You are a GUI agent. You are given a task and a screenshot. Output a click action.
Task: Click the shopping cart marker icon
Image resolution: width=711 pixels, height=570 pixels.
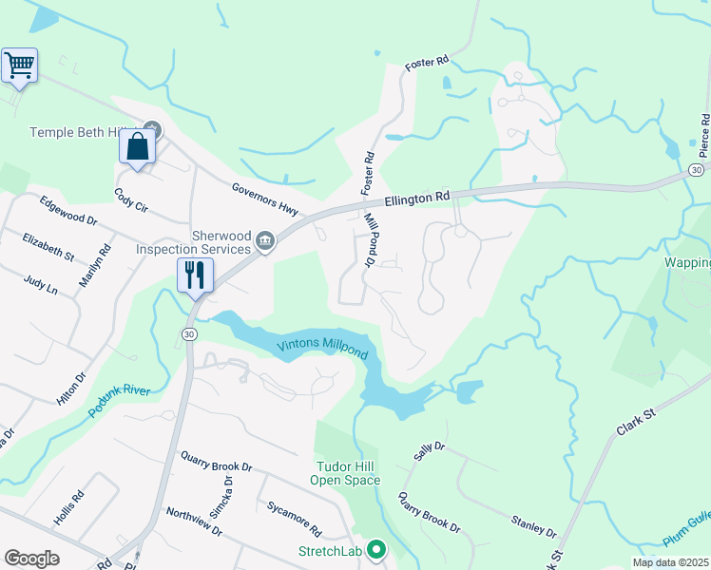(x=19, y=66)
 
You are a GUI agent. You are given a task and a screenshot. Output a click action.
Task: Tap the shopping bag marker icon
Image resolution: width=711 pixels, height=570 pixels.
(x=137, y=148)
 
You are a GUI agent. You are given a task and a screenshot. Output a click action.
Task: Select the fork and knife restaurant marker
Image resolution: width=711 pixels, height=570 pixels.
(x=195, y=275)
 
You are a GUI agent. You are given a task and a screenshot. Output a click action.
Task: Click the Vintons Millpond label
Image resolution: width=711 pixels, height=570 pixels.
(x=321, y=348)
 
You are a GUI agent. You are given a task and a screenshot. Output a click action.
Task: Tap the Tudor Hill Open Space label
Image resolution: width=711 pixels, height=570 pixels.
(x=345, y=473)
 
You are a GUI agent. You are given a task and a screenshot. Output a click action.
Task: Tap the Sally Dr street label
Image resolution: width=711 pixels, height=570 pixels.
(x=424, y=452)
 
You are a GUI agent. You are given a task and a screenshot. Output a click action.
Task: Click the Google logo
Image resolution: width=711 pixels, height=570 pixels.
(x=31, y=559)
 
